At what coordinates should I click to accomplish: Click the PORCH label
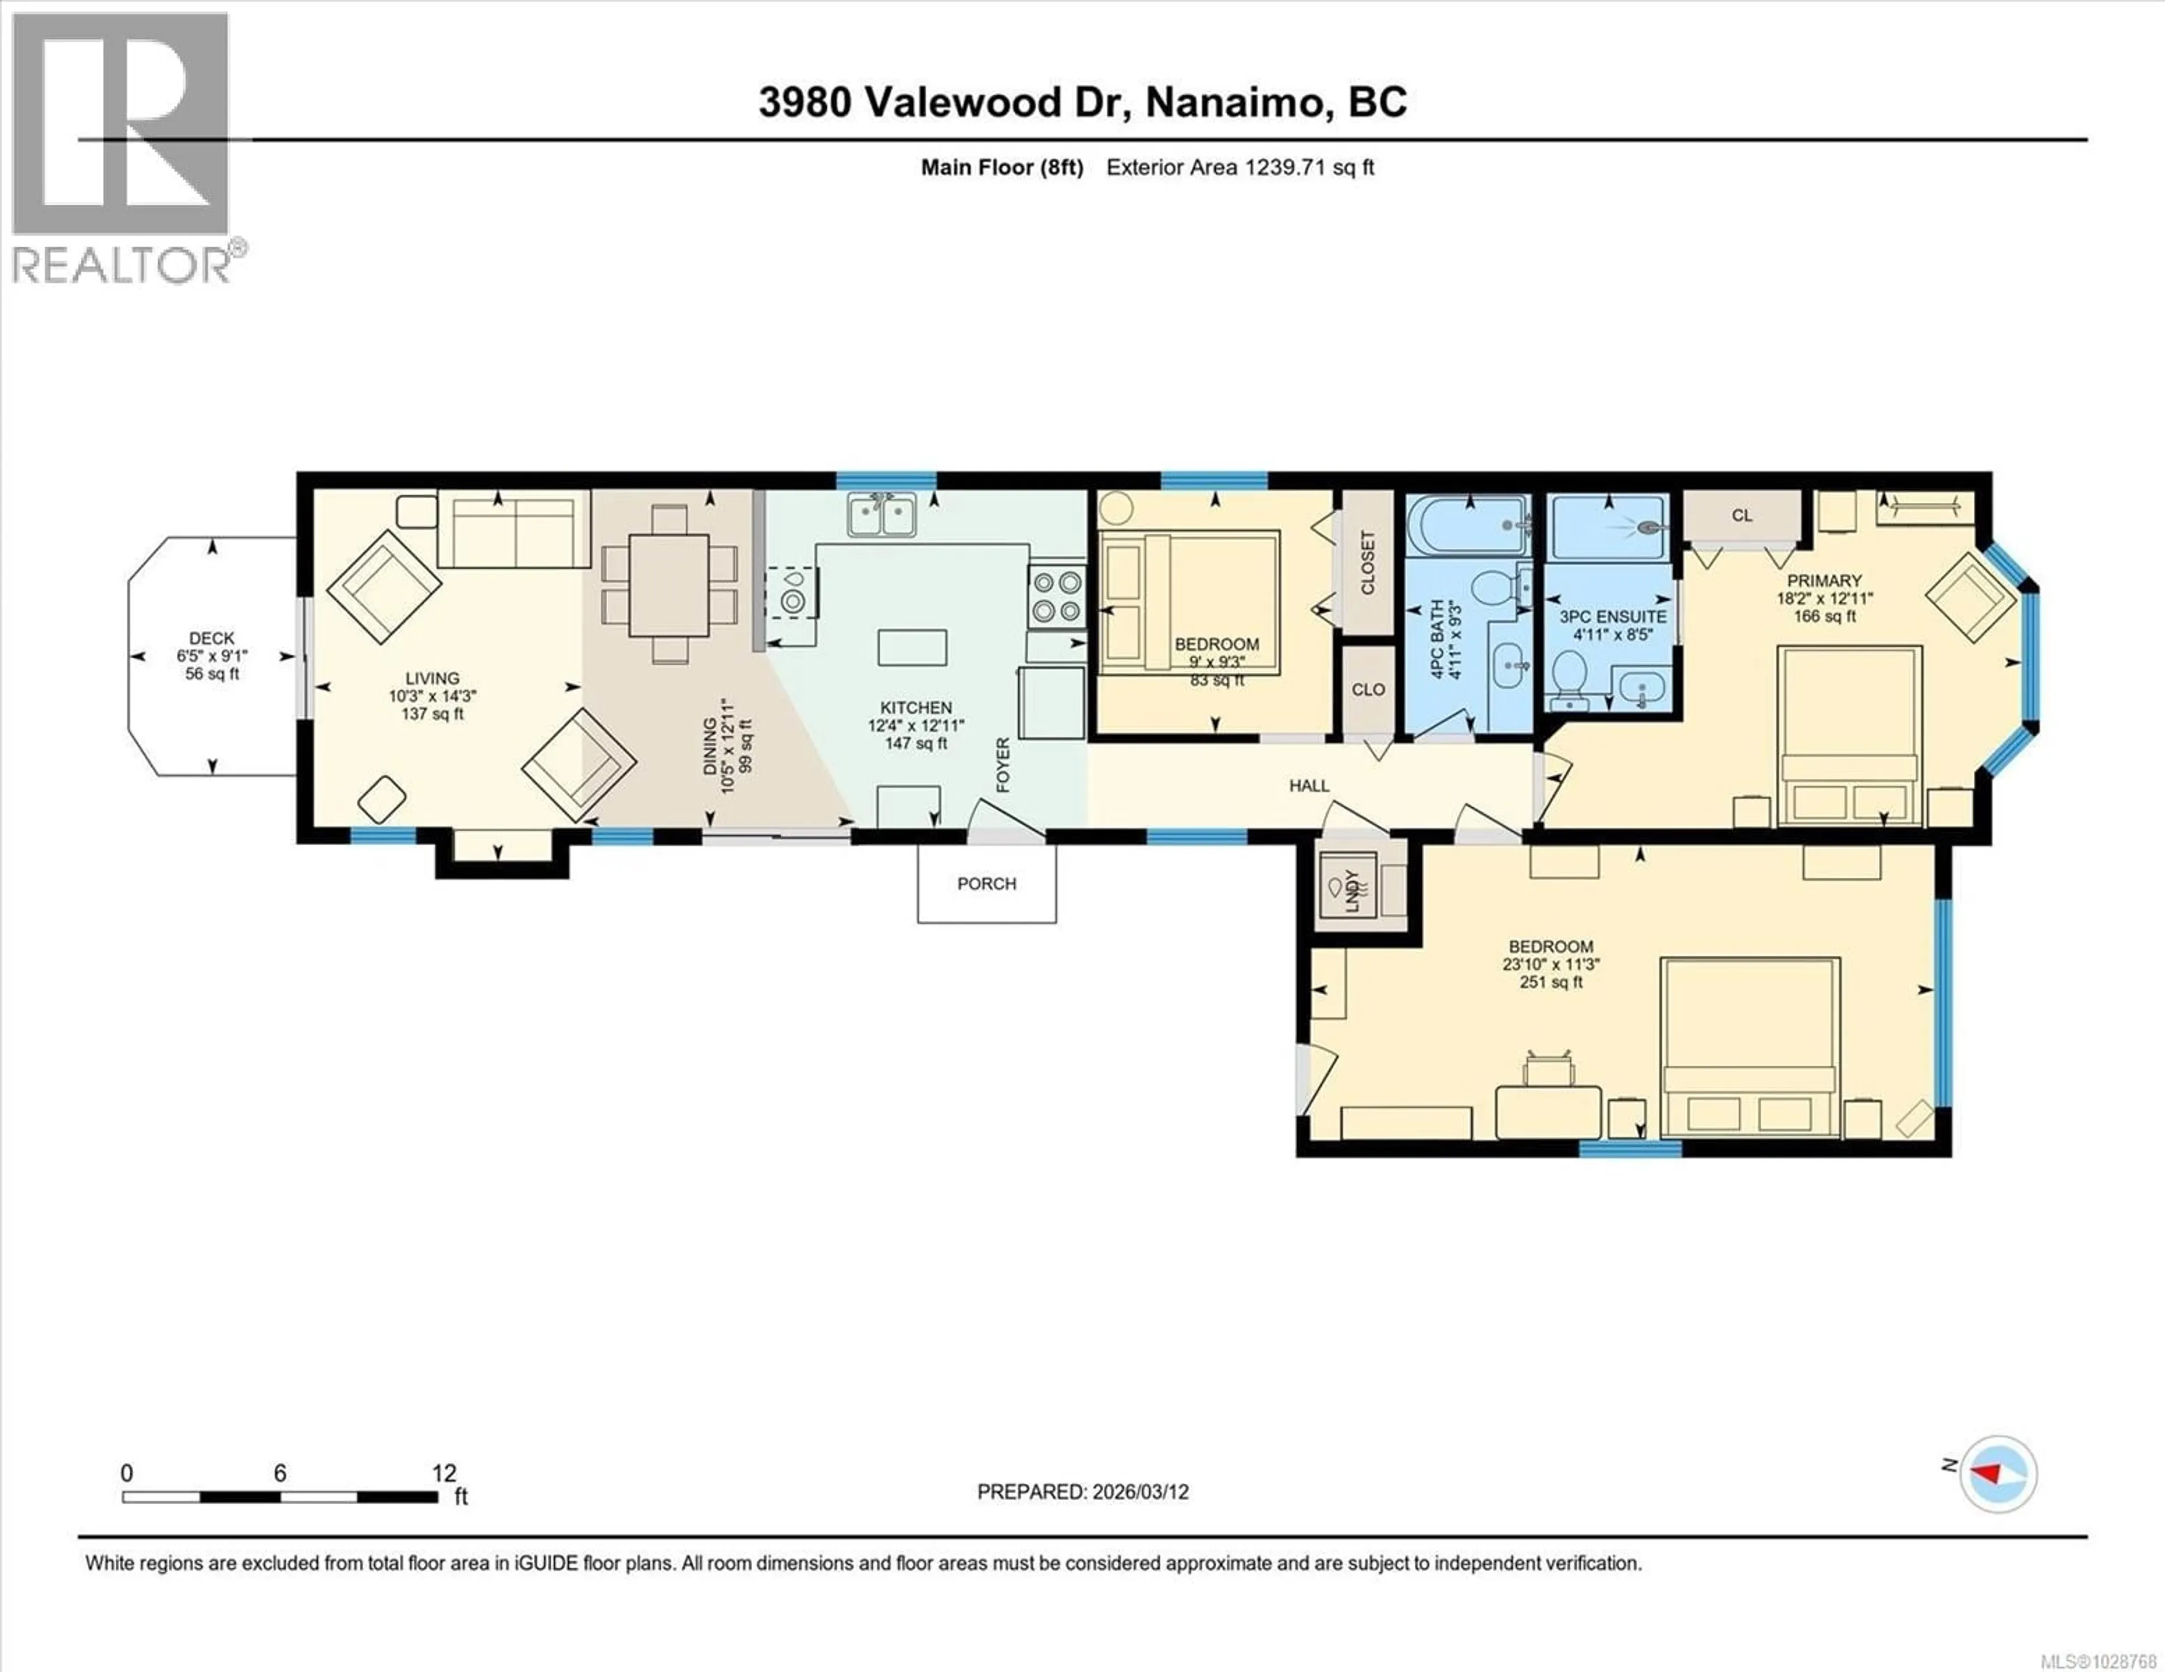pyautogui.click(x=986, y=883)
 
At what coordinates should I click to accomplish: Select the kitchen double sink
pyautogui.click(x=881, y=516)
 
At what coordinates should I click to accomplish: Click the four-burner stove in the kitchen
pyautogui.click(x=1057, y=596)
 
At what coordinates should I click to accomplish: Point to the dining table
pyautogui.click(x=669, y=585)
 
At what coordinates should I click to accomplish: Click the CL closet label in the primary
pyautogui.click(x=1742, y=516)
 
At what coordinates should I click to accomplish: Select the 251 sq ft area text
pyautogui.click(x=1552, y=982)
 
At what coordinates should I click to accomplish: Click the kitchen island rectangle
pyautogui.click(x=912, y=647)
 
